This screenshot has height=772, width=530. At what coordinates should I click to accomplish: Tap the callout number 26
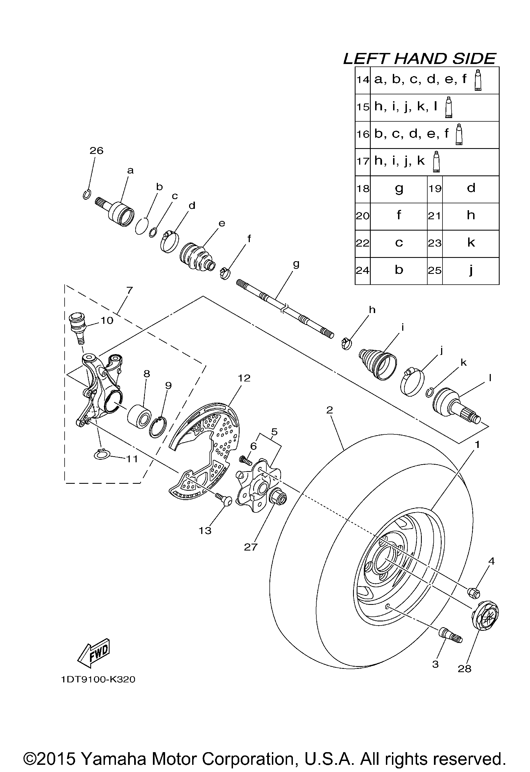(96, 151)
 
